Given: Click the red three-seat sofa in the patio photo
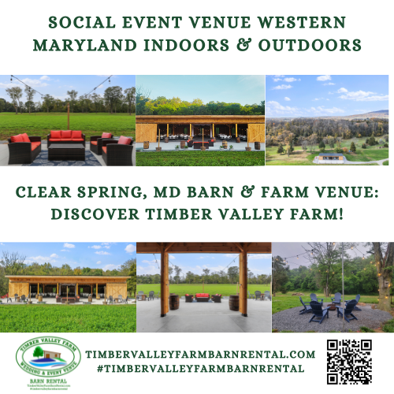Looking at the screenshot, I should pos(66,138).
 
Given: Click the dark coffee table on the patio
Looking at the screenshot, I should pos(66,151).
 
